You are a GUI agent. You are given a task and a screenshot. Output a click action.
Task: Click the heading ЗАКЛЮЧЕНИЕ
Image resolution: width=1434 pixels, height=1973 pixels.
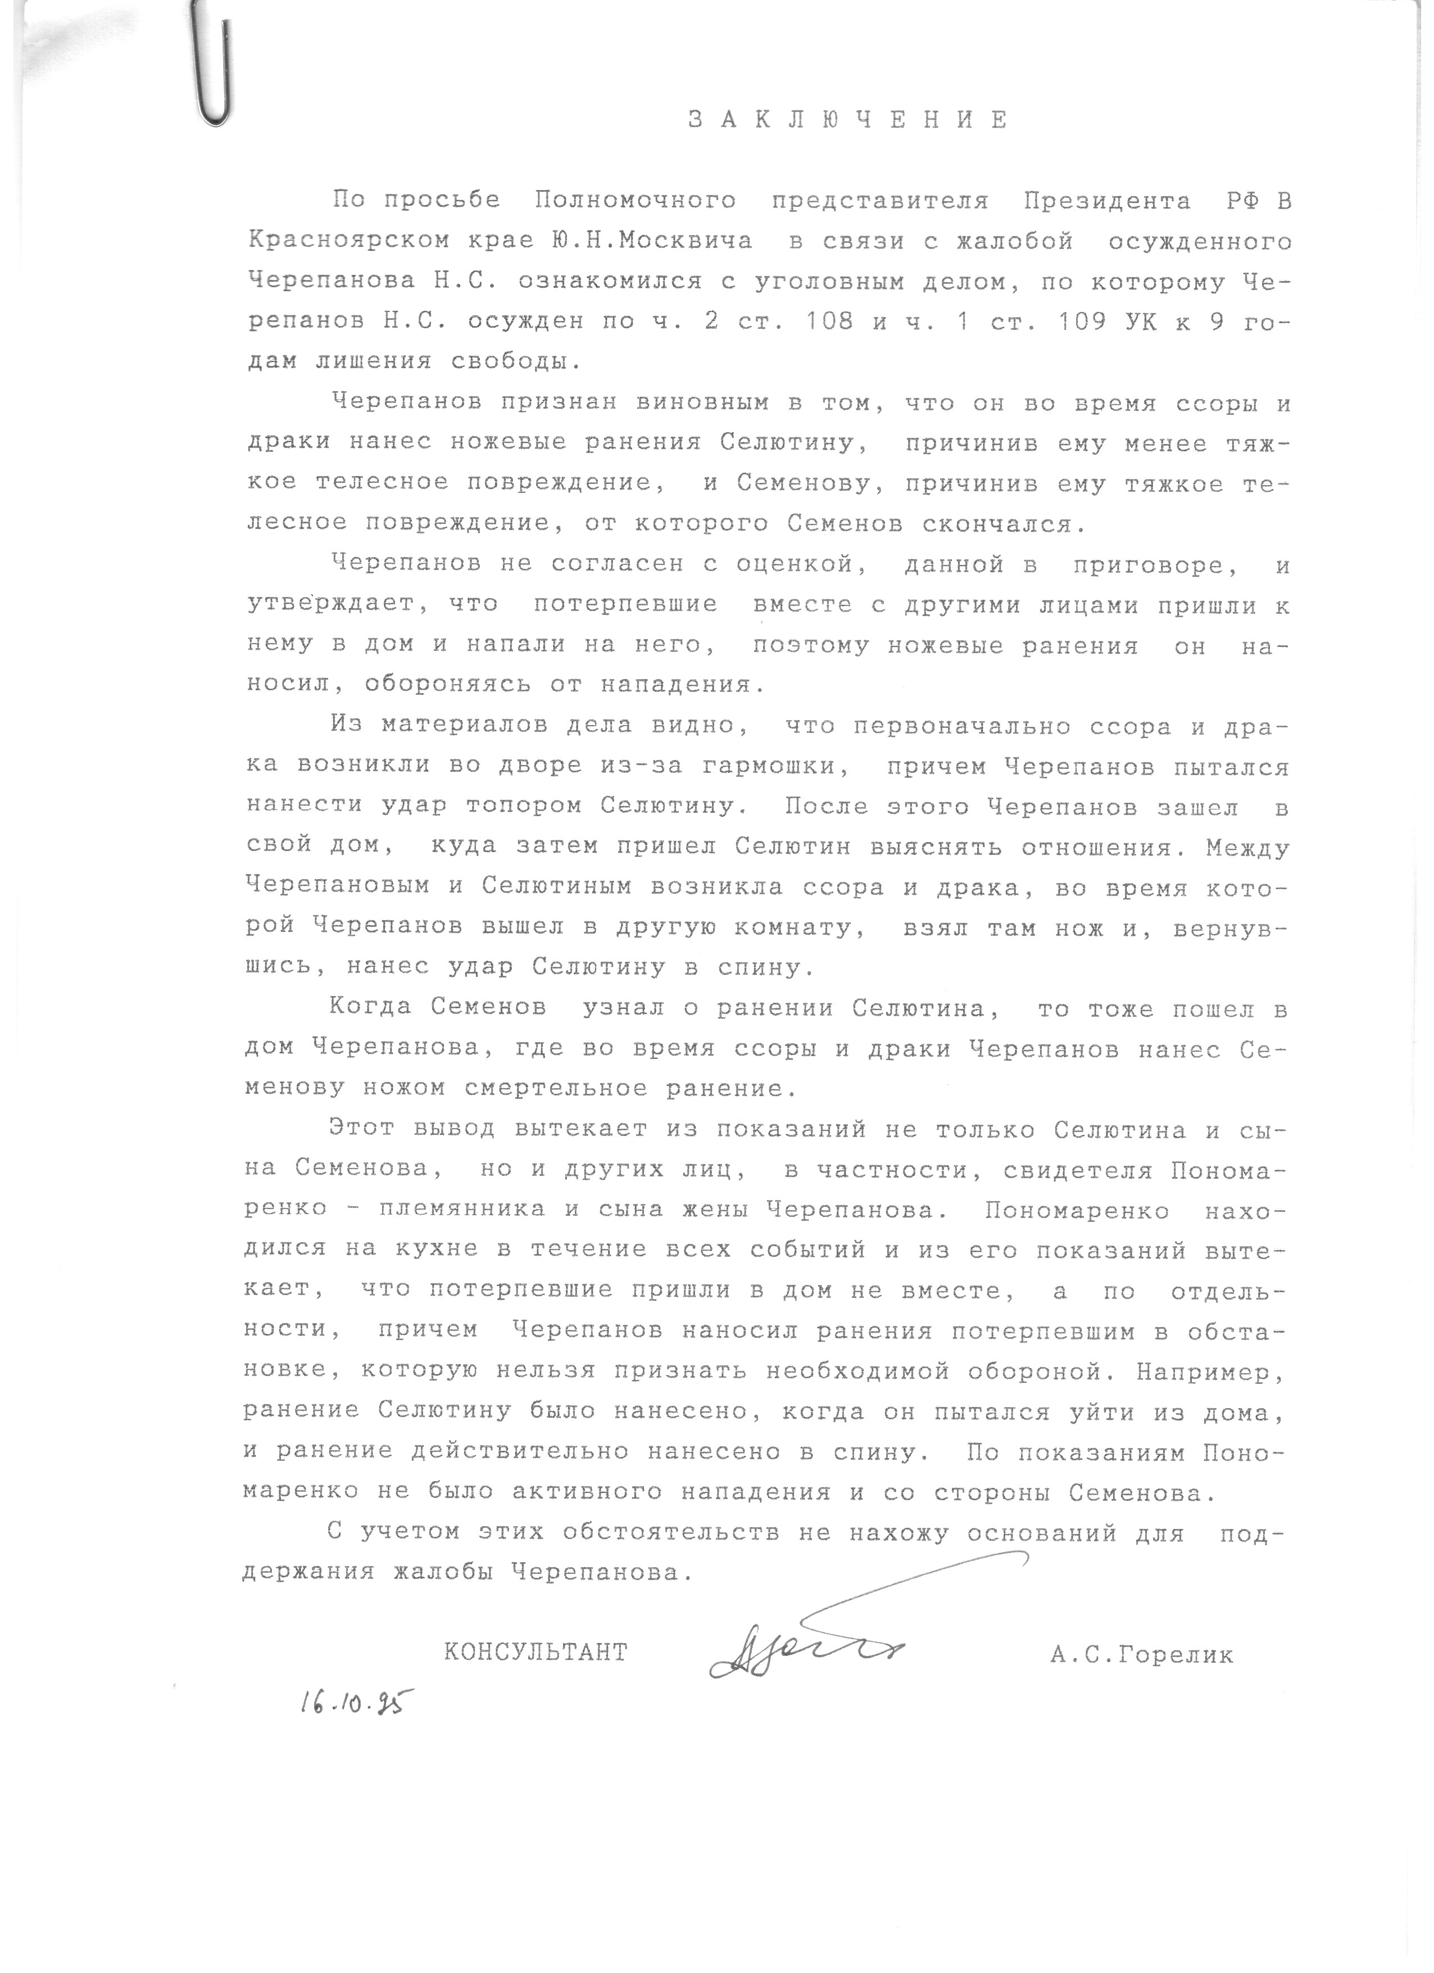[x=848, y=120]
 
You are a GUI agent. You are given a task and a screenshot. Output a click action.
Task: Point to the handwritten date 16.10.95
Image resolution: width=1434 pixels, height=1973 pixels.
[x=355, y=1701]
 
